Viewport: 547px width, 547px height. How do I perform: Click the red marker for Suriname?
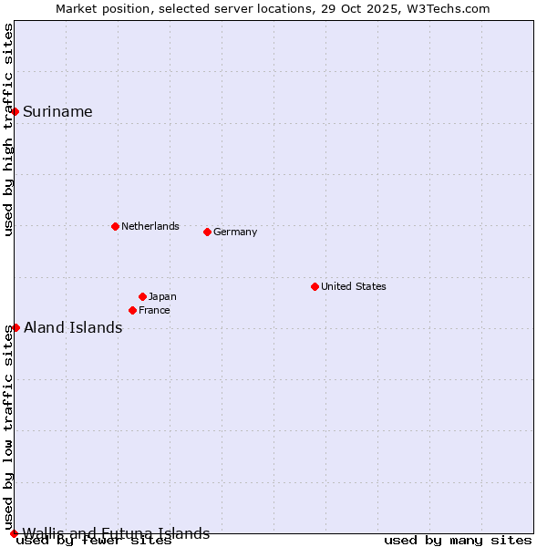[15, 111]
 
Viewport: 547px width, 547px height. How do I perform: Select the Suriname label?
[57, 112]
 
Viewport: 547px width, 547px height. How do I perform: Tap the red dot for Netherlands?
[115, 226]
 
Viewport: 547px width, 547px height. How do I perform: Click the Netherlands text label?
[150, 226]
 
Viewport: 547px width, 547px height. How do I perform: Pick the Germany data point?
[207, 232]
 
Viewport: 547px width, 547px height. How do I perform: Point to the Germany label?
[235, 232]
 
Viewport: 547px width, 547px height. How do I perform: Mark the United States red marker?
[315, 286]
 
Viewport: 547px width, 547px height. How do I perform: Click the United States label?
[353, 286]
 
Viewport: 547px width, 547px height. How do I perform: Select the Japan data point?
[142, 296]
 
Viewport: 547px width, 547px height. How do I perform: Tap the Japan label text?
[162, 296]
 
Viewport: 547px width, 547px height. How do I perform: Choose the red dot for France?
[132, 310]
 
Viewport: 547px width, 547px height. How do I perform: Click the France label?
[154, 310]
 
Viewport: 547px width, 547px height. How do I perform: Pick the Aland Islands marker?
[15, 327]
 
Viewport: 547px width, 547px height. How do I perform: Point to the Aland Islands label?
[73, 328]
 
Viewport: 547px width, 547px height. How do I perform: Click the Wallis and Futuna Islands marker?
[14, 533]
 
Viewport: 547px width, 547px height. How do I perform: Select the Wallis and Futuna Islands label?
[116, 533]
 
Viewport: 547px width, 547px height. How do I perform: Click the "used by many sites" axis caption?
[458, 541]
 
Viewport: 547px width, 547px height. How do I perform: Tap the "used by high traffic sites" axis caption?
[9, 129]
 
